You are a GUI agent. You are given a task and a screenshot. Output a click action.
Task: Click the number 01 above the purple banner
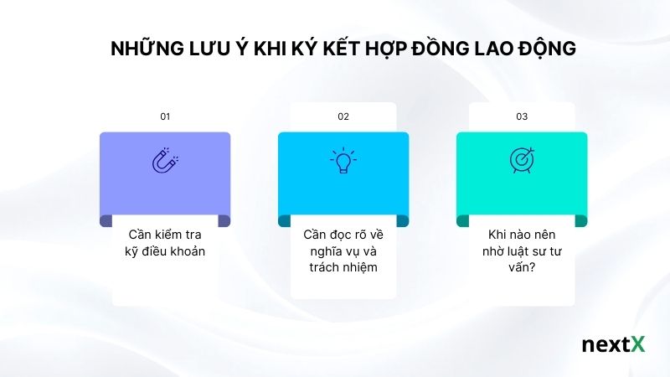click(x=165, y=116)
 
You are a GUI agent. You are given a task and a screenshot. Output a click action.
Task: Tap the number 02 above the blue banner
click(x=343, y=116)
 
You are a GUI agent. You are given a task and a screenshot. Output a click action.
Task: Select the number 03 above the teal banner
click(x=522, y=116)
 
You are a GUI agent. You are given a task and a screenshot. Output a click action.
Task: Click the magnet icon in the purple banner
click(x=165, y=160)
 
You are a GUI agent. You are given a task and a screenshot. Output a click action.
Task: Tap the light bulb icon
click(x=343, y=160)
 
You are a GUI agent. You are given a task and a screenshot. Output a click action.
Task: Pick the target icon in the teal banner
click(x=522, y=160)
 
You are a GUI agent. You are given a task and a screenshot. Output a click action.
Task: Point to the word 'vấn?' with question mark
click(x=522, y=268)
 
